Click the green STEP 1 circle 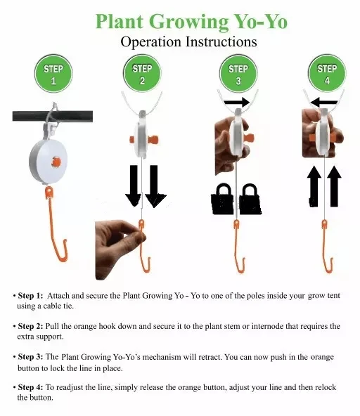pos(53,74)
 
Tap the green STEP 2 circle pos(142,74)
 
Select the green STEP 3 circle pos(238,74)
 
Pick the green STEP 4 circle pos(327,74)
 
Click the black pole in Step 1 pos(53,117)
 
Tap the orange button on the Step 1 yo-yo pos(56,162)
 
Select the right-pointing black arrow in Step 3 pos(236,102)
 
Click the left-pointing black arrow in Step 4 pos(323,102)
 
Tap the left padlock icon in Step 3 pos(223,199)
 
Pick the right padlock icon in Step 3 pos(250,199)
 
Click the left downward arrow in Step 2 pos(134,186)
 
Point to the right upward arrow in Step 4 pos(334,186)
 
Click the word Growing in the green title pos(188,22)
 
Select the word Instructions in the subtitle pos(221,42)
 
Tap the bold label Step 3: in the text pos(30,356)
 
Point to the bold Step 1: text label pos(30,296)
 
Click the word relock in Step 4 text pos(326,387)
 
